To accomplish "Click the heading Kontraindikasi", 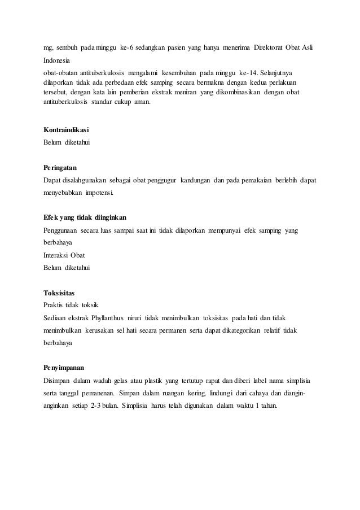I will coord(67,131).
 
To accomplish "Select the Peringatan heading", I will coord(60,168).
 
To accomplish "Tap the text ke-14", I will coord(251,73).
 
